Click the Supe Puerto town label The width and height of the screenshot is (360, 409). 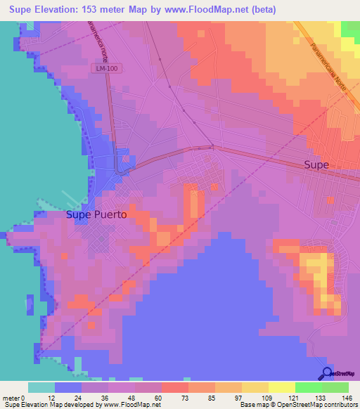[x=96, y=215]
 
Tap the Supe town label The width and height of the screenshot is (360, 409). [x=316, y=164]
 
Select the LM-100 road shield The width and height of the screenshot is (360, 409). [x=101, y=68]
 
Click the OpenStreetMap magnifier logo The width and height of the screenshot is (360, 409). [x=326, y=373]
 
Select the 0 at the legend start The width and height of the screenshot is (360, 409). [x=32, y=398]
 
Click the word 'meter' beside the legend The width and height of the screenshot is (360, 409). [x=13, y=398]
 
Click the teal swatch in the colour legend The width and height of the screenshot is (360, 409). [x=41, y=387]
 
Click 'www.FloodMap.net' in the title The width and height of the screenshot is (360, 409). [x=214, y=10]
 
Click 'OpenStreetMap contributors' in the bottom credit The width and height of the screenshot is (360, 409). [x=316, y=405]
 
